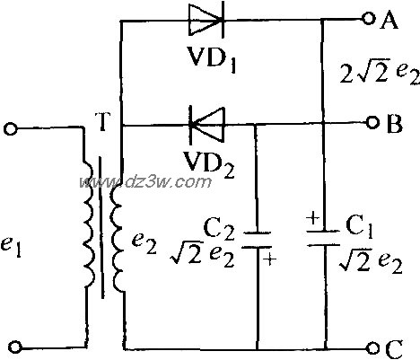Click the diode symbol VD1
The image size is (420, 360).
[206, 21]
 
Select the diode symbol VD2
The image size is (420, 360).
[206, 125]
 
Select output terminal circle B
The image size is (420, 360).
[372, 123]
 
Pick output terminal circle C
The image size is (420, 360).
[373, 347]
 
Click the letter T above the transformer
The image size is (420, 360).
[102, 122]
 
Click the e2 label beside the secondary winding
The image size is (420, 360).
[144, 246]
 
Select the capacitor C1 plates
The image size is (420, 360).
[324, 238]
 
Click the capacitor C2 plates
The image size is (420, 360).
[257, 240]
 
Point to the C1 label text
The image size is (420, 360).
[359, 227]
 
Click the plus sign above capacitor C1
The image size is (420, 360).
[313, 218]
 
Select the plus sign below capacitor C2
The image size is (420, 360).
[269, 259]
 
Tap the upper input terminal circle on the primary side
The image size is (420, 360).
[11, 129]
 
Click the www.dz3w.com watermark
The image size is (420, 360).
[145, 181]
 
